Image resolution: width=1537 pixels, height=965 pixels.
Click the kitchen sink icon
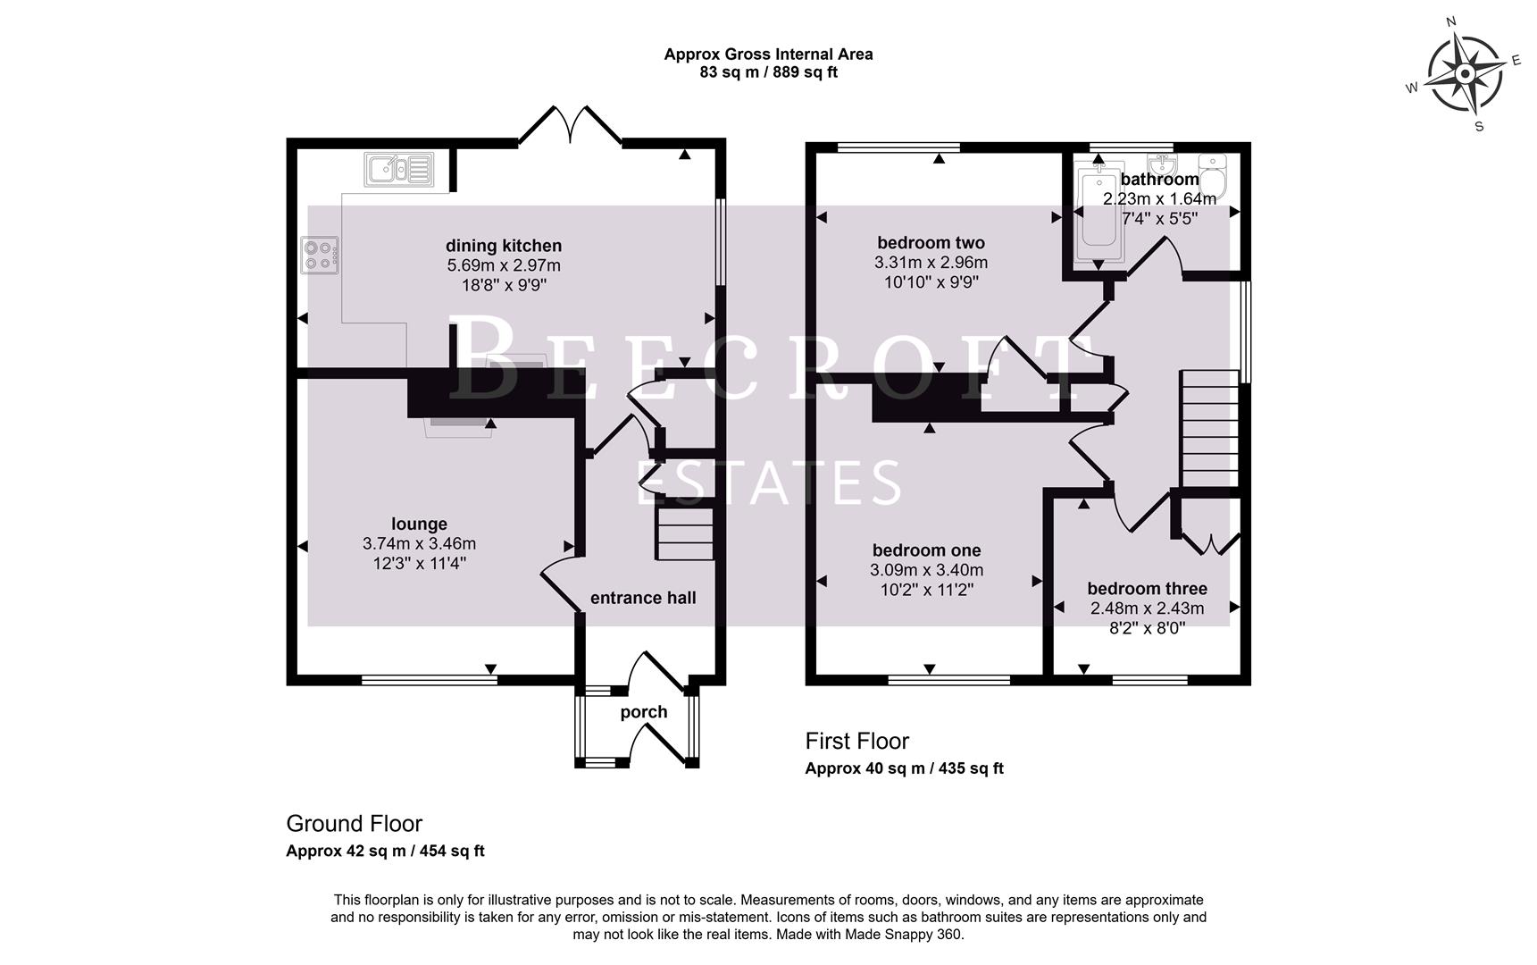pos(398,170)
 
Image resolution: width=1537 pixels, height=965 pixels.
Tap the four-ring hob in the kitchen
pos(320,255)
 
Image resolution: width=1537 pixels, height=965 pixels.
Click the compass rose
pos(1465,75)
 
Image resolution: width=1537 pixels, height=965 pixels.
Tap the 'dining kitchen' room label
pos(504,246)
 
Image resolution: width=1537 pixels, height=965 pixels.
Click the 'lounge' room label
pos(419,524)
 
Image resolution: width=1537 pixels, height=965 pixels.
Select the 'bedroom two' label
pos(931,242)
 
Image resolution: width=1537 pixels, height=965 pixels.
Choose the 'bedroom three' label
pos(1147,588)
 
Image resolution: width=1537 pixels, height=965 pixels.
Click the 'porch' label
pos(644,712)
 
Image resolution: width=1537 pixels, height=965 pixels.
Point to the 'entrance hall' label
pos(643,598)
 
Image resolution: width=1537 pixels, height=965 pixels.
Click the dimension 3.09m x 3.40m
pos(927,570)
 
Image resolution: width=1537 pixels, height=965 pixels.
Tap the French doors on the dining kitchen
pos(570,126)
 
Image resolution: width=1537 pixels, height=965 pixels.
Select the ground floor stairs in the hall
pos(686,533)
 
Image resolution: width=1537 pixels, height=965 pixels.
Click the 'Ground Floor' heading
pos(354,823)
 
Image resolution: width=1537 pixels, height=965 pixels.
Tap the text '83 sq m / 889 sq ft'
pos(768,73)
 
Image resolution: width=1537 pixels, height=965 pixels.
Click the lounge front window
pos(429,680)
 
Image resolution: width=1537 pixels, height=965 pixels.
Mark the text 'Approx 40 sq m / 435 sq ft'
pos(904,768)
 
